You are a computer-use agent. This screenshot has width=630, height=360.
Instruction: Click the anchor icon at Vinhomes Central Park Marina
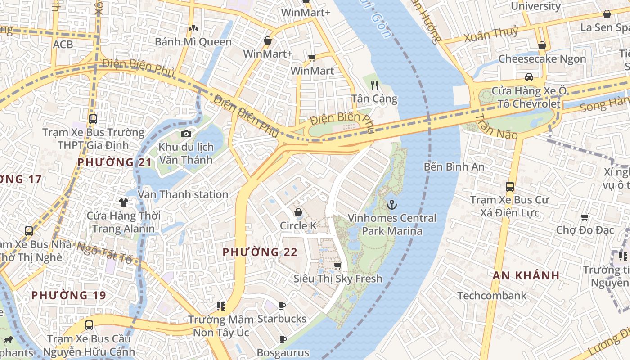[392, 205]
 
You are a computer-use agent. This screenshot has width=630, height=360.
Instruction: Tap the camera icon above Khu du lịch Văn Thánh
[186, 134]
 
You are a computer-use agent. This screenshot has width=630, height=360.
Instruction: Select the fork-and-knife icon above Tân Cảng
[374, 85]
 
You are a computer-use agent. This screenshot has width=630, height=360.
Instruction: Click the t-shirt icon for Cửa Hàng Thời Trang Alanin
[124, 202]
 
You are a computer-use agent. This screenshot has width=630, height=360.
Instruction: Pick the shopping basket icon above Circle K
[298, 212]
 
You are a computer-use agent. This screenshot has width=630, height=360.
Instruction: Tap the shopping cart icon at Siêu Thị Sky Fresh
[338, 265]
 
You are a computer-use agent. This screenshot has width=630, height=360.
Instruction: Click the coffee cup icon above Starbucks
[282, 306]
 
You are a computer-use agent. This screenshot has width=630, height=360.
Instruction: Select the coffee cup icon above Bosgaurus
[283, 339]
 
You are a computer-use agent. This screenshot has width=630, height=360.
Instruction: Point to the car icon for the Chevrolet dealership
[529, 77]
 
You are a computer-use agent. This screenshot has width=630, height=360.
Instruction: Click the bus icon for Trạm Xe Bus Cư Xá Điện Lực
[510, 186]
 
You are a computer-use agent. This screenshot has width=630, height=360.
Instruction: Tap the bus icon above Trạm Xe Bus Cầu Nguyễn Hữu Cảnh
[89, 325]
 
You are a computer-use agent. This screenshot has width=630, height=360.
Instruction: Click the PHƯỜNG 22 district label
[260, 252]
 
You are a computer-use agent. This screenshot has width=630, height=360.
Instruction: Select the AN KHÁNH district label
[526, 275]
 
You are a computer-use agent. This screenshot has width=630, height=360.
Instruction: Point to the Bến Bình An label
[454, 167]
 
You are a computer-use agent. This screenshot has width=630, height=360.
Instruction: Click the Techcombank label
[492, 296]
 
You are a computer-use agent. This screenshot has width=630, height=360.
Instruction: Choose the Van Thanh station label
[183, 194]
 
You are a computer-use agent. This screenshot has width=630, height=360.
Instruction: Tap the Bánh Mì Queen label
[193, 42]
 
